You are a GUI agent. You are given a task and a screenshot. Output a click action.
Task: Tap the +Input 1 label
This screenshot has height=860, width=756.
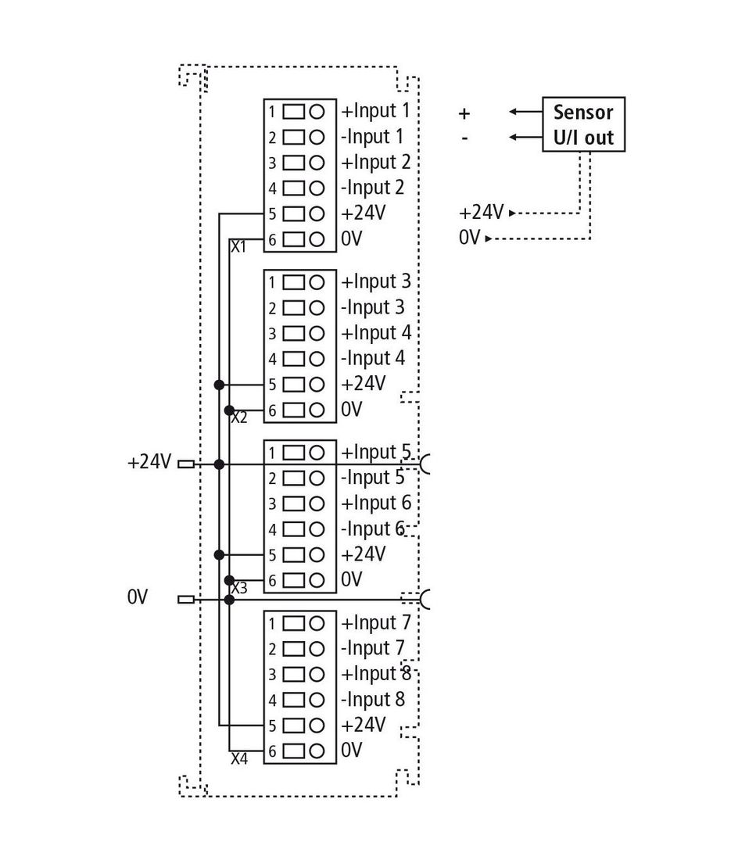[x=376, y=111]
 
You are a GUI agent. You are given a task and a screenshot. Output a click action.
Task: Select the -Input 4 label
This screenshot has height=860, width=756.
[x=372, y=359]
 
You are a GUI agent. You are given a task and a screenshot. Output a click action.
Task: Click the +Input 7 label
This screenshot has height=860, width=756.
[x=376, y=623]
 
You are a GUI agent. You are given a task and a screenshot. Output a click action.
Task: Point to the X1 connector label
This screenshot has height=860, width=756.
[x=238, y=247]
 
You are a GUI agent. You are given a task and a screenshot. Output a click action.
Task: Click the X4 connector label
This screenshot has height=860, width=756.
[x=239, y=759]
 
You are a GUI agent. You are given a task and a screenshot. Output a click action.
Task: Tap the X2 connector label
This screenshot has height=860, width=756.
[x=239, y=418]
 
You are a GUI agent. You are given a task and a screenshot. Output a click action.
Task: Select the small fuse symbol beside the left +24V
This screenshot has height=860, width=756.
[x=187, y=464]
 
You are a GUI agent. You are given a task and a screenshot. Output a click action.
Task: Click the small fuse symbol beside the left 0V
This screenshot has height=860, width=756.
[x=186, y=600]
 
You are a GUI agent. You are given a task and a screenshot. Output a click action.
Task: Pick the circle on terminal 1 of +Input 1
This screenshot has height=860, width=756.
[x=317, y=112]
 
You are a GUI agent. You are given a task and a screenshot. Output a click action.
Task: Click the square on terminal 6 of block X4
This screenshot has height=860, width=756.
[x=293, y=751]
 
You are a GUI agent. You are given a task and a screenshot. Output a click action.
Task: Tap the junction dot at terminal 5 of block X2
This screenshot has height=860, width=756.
[x=220, y=385]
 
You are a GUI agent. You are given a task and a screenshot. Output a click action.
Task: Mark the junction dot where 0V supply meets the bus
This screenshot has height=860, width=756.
[x=229, y=600]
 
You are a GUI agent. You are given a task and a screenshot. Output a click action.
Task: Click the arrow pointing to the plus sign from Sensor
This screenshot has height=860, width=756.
[x=525, y=112]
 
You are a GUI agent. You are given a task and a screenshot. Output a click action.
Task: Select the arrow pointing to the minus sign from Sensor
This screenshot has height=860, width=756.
[x=525, y=137]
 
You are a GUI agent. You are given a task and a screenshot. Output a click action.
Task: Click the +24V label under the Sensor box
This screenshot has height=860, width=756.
[x=481, y=212]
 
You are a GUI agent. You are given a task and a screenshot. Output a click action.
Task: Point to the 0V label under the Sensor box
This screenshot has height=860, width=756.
[x=470, y=238]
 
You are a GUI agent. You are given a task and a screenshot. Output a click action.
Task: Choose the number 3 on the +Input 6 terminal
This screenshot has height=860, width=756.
[x=272, y=504]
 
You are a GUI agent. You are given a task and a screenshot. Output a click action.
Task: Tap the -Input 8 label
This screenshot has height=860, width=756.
[x=372, y=700]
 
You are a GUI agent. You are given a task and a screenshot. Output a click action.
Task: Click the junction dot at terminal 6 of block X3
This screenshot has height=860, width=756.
[x=229, y=580]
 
